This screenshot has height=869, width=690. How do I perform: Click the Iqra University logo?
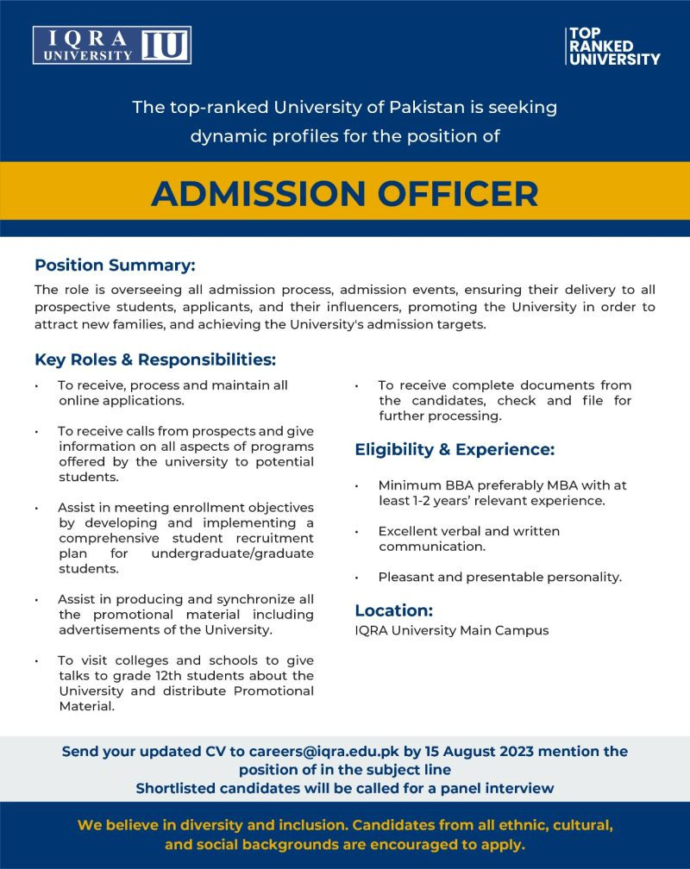click(x=112, y=45)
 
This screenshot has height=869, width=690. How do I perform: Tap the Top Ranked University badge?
click(x=612, y=46)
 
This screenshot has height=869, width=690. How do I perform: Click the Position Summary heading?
click(x=115, y=265)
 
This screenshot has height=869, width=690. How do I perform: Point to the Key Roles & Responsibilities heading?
click(x=155, y=359)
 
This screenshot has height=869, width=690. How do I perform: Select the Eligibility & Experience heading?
click(x=455, y=449)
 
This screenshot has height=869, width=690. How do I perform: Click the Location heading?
click(x=393, y=610)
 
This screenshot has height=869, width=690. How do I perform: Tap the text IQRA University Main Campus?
click(x=451, y=630)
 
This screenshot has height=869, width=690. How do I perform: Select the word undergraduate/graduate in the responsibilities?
click(x=232, y=553)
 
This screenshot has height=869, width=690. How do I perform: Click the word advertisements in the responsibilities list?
click(x=108, y=630)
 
